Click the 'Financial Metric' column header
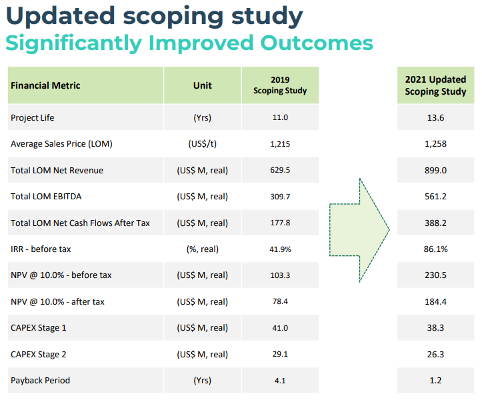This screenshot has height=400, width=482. pos(45,85)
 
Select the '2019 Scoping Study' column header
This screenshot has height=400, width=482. pos(280,85)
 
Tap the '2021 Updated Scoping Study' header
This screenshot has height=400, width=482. pos(435,85)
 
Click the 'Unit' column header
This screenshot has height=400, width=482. pos(203,85)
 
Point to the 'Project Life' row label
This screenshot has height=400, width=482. pos(33,118)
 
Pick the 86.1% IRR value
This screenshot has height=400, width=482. pos(435,249)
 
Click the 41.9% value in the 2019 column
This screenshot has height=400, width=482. pos(280,249)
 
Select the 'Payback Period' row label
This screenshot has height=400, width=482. pos(40,381)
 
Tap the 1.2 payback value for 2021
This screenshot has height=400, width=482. pos(435,381)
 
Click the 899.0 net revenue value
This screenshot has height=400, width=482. pos(435,171)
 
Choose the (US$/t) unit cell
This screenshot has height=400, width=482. pos(203,144)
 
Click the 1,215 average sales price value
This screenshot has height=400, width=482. pos(280,144)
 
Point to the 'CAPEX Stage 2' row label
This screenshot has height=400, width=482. pos(39,355)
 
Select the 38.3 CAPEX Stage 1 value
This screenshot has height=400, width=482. pos(435,328)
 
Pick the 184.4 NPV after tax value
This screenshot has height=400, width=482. pos(435,302)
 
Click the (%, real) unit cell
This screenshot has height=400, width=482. pos(203,249)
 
